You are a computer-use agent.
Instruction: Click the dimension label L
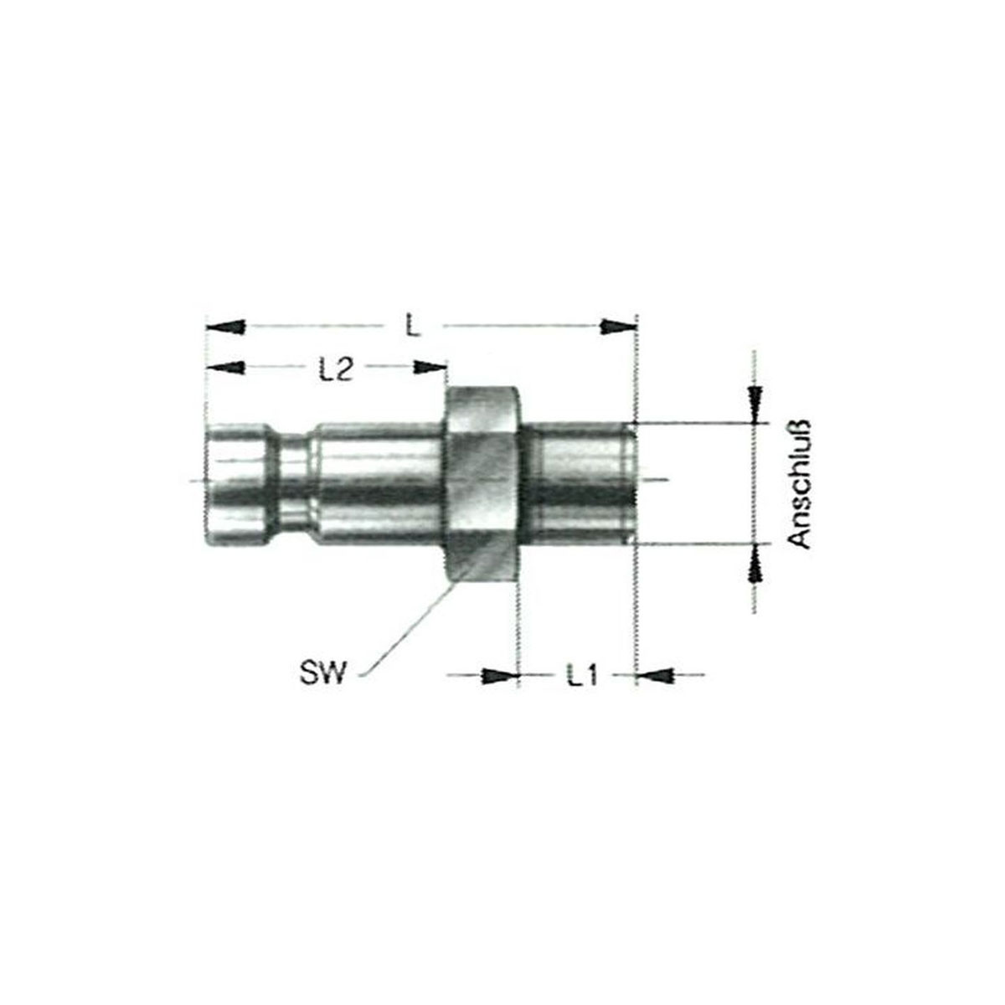click(413, 327)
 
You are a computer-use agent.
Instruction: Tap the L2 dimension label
click(337, 369)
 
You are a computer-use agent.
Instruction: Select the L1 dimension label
click(582, 676)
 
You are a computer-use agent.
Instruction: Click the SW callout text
click(322, 673)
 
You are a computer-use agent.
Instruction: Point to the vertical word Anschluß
click(800, 483)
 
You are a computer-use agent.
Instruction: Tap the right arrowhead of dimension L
click(619, 327)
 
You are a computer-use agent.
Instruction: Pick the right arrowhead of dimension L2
click(430, 368)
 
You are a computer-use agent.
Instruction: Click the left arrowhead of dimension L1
click(500, 676)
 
